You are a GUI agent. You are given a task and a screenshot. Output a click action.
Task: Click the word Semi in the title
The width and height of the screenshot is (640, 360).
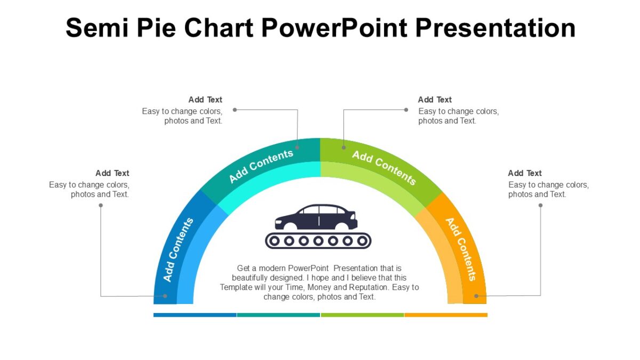pyautogui.click(x=97, y=27)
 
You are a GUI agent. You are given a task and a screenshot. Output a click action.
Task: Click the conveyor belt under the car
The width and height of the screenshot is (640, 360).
pyautogui.click(x=318, y=241)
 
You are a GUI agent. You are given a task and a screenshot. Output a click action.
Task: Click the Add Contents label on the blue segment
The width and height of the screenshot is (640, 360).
pyautogui.click(x=178, y=250)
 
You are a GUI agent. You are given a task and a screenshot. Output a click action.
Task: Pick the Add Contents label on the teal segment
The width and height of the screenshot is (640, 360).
pyautogui.click(x=261, y=166)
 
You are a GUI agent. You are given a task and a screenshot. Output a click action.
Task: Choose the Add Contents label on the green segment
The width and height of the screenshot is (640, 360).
pyautogui.click(x=383, y=167)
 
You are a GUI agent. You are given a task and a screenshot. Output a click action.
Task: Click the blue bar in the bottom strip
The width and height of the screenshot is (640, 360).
pyautogui.click(x=195, y=315)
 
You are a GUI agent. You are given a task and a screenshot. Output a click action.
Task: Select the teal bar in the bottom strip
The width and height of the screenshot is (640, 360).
pyautogui.click(x=278, y=315)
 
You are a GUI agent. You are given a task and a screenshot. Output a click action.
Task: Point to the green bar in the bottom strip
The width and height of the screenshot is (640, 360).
pyautogui.click(x=362, y=315)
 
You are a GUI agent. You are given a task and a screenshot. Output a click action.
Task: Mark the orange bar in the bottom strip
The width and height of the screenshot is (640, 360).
pyautogui.click(x=446, y=315)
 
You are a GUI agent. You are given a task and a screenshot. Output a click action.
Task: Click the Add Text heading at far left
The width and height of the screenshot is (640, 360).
pyautogui.click(x=112, y=173)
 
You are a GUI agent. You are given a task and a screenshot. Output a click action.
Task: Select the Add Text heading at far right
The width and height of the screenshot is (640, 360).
pyautogui.click(x=525, y=173)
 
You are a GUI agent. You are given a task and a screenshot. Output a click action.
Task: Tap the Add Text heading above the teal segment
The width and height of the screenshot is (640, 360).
pyautogui.click(x=205, y=100)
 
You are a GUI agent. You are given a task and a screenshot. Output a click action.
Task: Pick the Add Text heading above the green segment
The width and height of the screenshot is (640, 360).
pyautogui.click(x=435, y=100)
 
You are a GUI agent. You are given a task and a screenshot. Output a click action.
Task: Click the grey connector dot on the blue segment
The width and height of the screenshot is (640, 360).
pyautogui.click(x=165, y=295)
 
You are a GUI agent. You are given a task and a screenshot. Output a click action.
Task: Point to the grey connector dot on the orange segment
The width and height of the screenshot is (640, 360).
pyautogui.click(x=476, y=295)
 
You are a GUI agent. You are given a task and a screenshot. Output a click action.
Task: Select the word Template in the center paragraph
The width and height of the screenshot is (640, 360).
pyautogui.click(x=237, y=287)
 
